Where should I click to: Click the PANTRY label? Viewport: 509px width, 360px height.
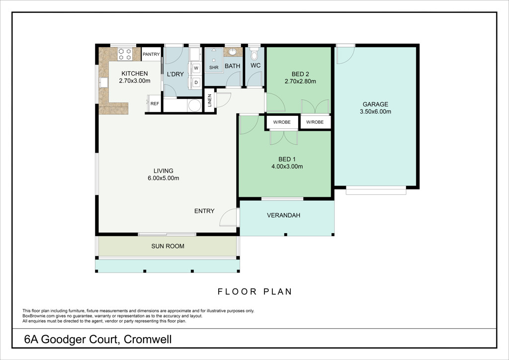coord(151,54)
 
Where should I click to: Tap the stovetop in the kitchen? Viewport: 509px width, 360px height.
coord(125,54)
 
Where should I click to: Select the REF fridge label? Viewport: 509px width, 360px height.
coord(155,103)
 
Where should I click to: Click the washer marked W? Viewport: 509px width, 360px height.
coord(196,68)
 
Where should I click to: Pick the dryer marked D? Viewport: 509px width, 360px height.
coord(196,83)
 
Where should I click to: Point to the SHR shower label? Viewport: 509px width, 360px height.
coord(214,68)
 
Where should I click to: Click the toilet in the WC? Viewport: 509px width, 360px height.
coord(254,54)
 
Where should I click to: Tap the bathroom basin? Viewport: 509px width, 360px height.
coord(233,52)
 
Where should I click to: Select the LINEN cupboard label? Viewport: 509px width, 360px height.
coord(210,100)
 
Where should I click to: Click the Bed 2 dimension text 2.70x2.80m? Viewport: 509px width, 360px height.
coord(300,82)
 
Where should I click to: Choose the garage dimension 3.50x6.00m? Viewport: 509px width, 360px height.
coord(376,112)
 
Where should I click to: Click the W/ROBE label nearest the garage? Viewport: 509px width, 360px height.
coord(315,122)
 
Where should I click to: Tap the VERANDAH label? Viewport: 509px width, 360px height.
coord(284,215)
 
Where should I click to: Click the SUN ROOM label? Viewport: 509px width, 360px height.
coord(168,247)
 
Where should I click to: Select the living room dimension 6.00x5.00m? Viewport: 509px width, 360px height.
coord(163,178)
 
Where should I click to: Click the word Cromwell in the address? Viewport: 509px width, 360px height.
coord(148,340)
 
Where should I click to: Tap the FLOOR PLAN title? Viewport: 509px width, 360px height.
coord(255,291)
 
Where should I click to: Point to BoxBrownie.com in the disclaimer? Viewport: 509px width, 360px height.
coord(36,316)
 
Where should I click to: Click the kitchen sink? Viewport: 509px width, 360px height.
coord(104,83)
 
